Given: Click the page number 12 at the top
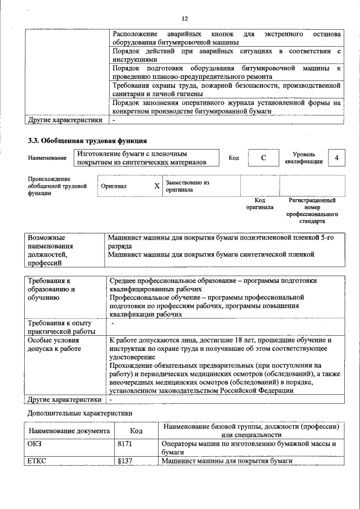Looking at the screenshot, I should (x=183, y=19).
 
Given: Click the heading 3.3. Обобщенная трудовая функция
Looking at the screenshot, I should (x=88, y=141).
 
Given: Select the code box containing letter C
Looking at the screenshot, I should (x=263, y=158).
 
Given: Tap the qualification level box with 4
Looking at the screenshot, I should (x=336, y=158).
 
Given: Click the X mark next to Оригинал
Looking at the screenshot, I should (x=157, y=186).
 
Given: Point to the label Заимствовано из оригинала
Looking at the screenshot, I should (x=187, y=186).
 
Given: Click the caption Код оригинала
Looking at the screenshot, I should (x=259, y=204).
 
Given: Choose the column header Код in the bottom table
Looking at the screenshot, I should (x=136, y=431).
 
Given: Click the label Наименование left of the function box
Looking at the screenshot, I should (x=47, y=159).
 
